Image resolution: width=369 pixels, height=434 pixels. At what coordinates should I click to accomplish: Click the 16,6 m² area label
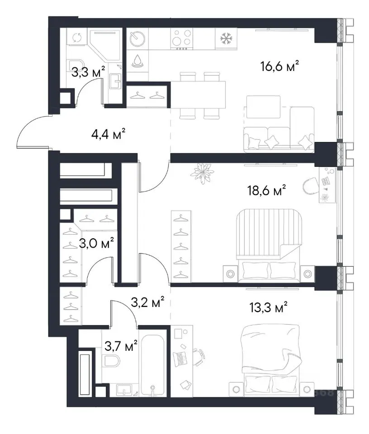[x=279, y=66]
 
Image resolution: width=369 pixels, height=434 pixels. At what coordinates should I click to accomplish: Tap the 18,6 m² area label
[x=266, y=190]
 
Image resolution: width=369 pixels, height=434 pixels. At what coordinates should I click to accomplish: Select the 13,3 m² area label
[x=268, y=307]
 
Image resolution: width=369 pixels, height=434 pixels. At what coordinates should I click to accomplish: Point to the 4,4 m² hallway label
[x=108, y=134]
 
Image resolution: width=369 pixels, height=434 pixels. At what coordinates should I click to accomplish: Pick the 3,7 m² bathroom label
[x=121, y=346]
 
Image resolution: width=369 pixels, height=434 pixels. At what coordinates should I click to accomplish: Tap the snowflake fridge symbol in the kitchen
[x=226, y=39]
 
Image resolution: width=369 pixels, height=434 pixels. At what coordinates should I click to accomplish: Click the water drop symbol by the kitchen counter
[x=137, y=61]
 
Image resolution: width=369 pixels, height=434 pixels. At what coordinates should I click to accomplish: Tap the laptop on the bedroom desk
[x=180, y=359]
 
